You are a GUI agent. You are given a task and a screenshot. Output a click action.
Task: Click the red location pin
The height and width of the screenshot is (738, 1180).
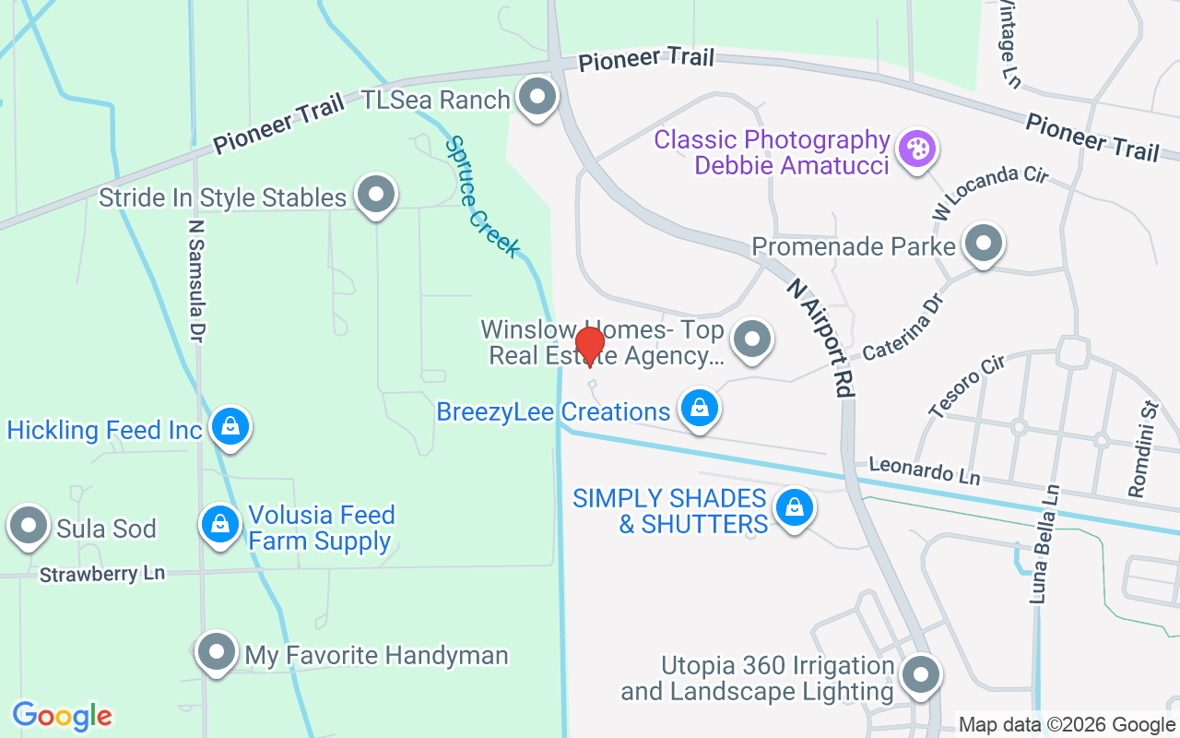(589, 346)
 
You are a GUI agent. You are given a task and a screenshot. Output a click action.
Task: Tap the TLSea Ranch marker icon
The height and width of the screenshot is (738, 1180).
(537, 96)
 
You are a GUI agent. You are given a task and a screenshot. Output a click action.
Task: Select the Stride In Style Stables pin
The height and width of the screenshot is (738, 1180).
(375, 195)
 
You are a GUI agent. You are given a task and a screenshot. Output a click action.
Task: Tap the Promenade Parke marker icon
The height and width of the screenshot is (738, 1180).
(983, 244)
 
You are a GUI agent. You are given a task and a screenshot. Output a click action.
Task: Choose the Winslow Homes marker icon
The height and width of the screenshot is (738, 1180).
(752, 339)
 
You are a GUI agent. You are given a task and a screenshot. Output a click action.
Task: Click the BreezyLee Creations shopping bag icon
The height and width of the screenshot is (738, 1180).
(700, 407)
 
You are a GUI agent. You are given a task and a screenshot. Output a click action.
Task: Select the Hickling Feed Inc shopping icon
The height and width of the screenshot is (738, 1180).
(230, 426)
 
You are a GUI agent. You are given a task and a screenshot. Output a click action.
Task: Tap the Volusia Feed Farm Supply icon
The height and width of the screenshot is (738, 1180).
(220, 524)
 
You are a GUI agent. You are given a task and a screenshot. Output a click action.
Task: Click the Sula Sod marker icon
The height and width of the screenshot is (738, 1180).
(29, 526)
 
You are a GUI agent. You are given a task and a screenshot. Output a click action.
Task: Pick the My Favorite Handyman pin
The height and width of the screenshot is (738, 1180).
(217, 652)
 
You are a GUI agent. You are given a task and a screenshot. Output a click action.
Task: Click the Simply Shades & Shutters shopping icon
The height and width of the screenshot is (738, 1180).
(793, 507)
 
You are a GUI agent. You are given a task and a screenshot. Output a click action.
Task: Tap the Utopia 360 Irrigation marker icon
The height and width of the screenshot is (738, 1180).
(919, 675)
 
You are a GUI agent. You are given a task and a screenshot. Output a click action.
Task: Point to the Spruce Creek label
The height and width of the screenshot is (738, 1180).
(482, 197)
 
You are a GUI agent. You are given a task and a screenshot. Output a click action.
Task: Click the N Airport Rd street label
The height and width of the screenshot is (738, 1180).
(820, 339)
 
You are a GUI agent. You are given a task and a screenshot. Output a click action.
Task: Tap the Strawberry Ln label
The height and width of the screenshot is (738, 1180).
(101, 574)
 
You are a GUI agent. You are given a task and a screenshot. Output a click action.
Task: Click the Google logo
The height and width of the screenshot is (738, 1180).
(62, 715)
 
